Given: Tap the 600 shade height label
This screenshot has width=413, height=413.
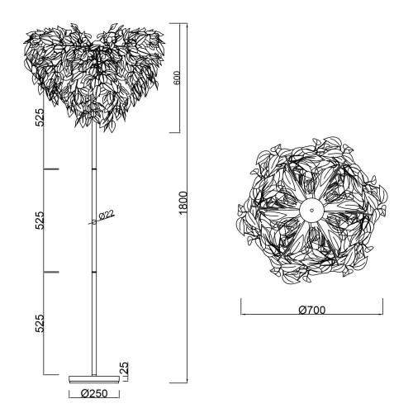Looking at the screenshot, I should [176, 79].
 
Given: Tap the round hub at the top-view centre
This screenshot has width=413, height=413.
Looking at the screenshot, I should [312, 211].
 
